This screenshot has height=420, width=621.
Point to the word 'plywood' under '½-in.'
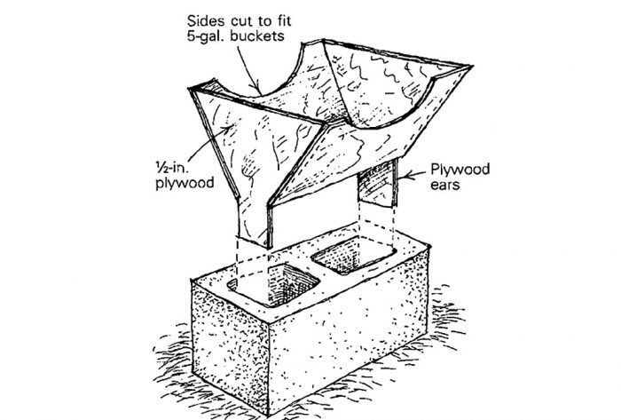point(185,183)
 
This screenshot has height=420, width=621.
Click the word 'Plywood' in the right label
point(460,170)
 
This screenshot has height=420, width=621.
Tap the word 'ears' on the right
point(444,185)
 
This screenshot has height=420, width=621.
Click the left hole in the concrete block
point(273,283)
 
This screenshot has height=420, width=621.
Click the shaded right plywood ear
point(377,182)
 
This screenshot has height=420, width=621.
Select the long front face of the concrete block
point(349,337)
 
